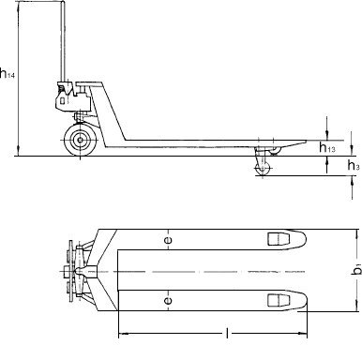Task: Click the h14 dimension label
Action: coord(8,73)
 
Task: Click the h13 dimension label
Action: coord(327,147)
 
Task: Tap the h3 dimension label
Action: coord(354,165)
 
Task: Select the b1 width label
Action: coord(357,269)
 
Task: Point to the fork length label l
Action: coord(227,334)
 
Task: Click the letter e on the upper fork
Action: coord(168,240)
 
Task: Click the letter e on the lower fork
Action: coord(168,301)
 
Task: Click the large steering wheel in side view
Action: coord(80,140)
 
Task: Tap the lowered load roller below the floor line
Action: coord(262,169)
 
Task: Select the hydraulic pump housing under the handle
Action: coord(72,97)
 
